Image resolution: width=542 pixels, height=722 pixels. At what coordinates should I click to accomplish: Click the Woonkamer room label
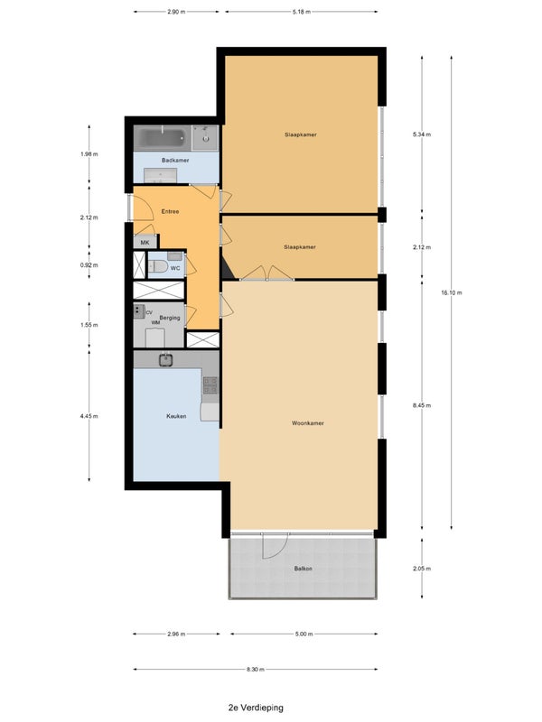[x=308, y=422]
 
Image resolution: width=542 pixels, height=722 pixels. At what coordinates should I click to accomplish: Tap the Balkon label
[x=304, y=569]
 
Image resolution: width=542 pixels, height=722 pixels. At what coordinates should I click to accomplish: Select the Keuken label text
[x=176, y=416]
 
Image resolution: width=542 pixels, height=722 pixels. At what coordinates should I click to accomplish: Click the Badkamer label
[x=175, y=161]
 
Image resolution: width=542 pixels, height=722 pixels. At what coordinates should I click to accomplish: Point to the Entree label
[x=170, y=211]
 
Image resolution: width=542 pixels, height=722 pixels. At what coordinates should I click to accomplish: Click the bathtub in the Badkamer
[x=162, y=138]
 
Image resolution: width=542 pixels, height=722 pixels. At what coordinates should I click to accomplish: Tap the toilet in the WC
[x=157, y=266]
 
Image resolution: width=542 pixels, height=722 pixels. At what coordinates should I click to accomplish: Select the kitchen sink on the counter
[x=166, y=359]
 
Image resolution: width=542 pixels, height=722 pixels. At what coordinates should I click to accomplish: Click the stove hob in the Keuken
[x=210, y=385]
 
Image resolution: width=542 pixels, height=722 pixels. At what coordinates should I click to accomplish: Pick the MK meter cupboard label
[x=145, y=242]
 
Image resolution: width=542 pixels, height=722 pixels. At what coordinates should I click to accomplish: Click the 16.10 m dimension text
[x=451, y=292]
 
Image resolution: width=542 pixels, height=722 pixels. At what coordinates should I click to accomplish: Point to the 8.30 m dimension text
[x=256, y=669]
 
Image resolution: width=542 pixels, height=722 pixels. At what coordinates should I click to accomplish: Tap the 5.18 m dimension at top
[x=301, y=12]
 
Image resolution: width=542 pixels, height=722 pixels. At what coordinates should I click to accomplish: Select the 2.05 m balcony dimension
[x=422, y=569]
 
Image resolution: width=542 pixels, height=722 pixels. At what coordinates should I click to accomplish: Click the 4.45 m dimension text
[x=89, y=416]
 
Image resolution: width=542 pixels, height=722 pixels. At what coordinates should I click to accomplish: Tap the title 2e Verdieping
[x=256, y=708]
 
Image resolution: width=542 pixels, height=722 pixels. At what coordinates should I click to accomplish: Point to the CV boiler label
[x=149, y=312]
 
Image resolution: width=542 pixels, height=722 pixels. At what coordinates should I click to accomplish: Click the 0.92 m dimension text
[x=89, y=264]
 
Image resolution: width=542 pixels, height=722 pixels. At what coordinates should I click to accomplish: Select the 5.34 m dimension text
[x=422, y=134]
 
